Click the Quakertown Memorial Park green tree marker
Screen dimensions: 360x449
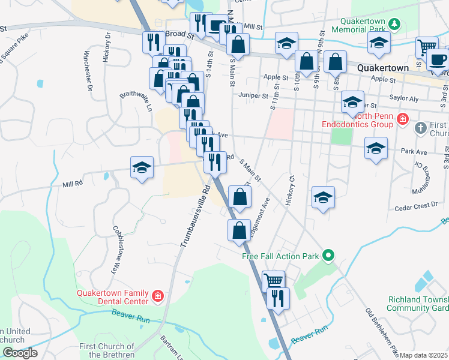coord(394,24)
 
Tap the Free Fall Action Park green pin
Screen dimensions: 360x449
coord(328,256)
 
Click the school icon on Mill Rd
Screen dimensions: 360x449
coord(142,167)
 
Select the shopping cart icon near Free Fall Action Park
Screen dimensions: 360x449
coord(274,280)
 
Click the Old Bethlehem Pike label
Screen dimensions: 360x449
coord(378,330)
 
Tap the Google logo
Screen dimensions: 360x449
coord(19,353)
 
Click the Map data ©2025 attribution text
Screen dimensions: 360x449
coord(423,355)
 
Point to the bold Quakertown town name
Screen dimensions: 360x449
coord(383,68)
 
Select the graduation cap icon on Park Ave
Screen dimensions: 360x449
coord(376,148)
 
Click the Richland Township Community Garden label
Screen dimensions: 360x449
coord(418,304)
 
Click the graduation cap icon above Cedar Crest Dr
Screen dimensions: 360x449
coord(323,197)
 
